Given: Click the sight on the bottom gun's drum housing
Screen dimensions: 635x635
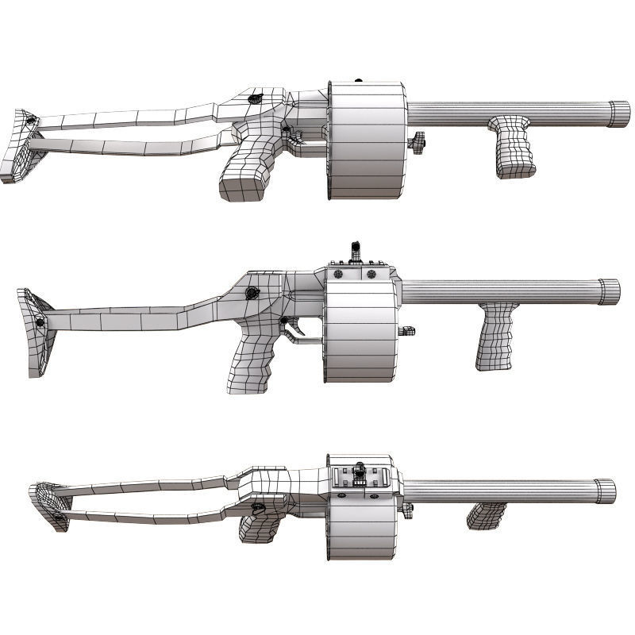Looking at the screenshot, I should click(359, 474).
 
